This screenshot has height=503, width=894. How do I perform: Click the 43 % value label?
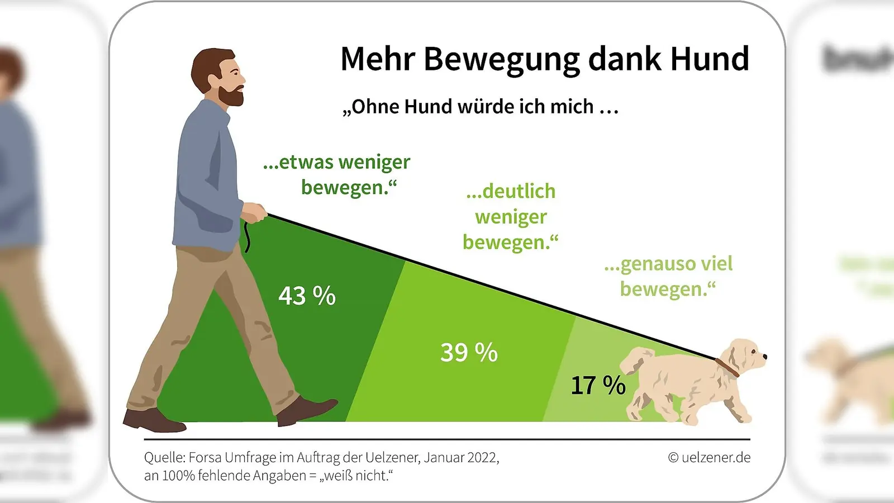pos(307,296)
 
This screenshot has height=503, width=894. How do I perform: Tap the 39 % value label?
pos(468,353)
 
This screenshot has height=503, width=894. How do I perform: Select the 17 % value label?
pos(597,386)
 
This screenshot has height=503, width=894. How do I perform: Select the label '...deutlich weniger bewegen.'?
pos(510,217)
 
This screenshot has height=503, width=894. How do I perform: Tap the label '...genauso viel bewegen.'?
pos(668,276)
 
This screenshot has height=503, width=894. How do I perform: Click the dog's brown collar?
pos(727,367)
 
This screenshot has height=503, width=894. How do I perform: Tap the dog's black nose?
pos(764,356)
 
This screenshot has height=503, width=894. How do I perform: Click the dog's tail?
pos(636,359)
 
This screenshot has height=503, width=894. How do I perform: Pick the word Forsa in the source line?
pos(205,458)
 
